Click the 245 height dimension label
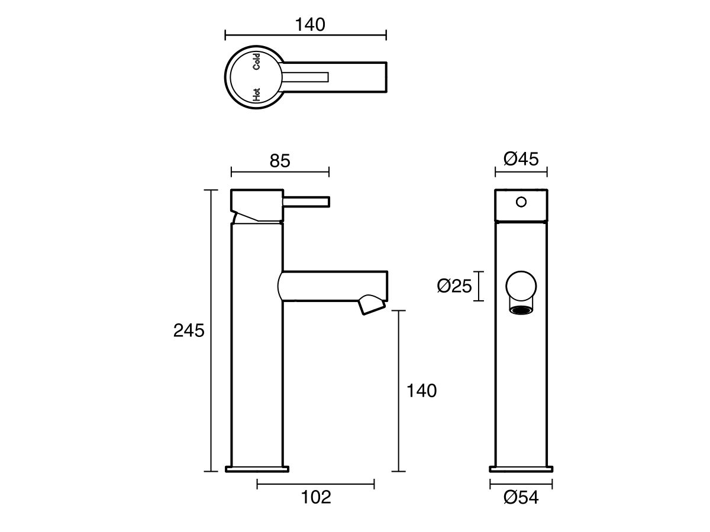(188, 330)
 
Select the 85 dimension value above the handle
(280, 160)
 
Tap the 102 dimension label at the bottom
(316, 497)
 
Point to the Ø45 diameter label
(521, 159)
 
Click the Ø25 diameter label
(454, 287)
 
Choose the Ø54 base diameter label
(521, 498)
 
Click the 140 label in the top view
(310, 24)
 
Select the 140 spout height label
(421, 390)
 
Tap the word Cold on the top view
(257, 61)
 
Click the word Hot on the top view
(256, 94)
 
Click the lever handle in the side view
(306, 202)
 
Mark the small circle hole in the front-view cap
(521, 202)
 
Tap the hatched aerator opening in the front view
(521, 310)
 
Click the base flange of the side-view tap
(258, 469)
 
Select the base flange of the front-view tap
(521, 469)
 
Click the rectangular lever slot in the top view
(306, 76)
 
